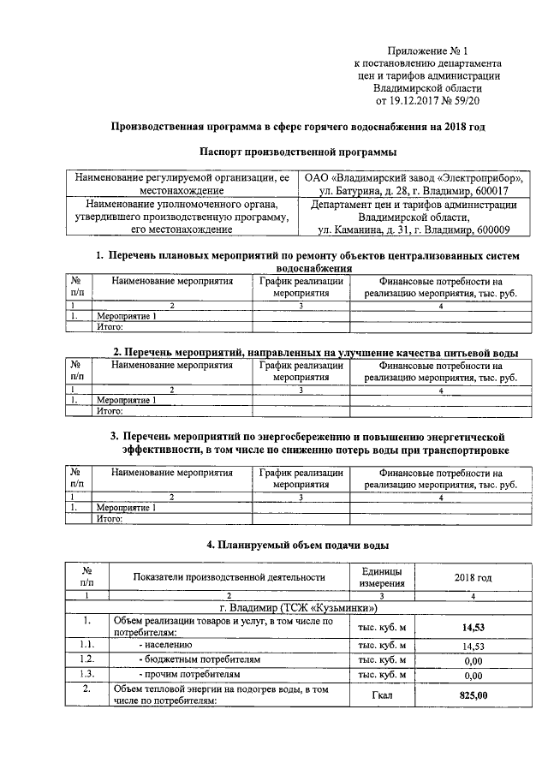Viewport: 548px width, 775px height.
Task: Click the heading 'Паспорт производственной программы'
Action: click(297, 152)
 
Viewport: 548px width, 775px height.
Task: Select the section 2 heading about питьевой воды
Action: click(316, 352)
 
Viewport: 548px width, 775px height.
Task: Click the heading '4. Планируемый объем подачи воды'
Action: click(298, 544)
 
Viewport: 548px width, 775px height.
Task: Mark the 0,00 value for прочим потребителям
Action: click(473, 675)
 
